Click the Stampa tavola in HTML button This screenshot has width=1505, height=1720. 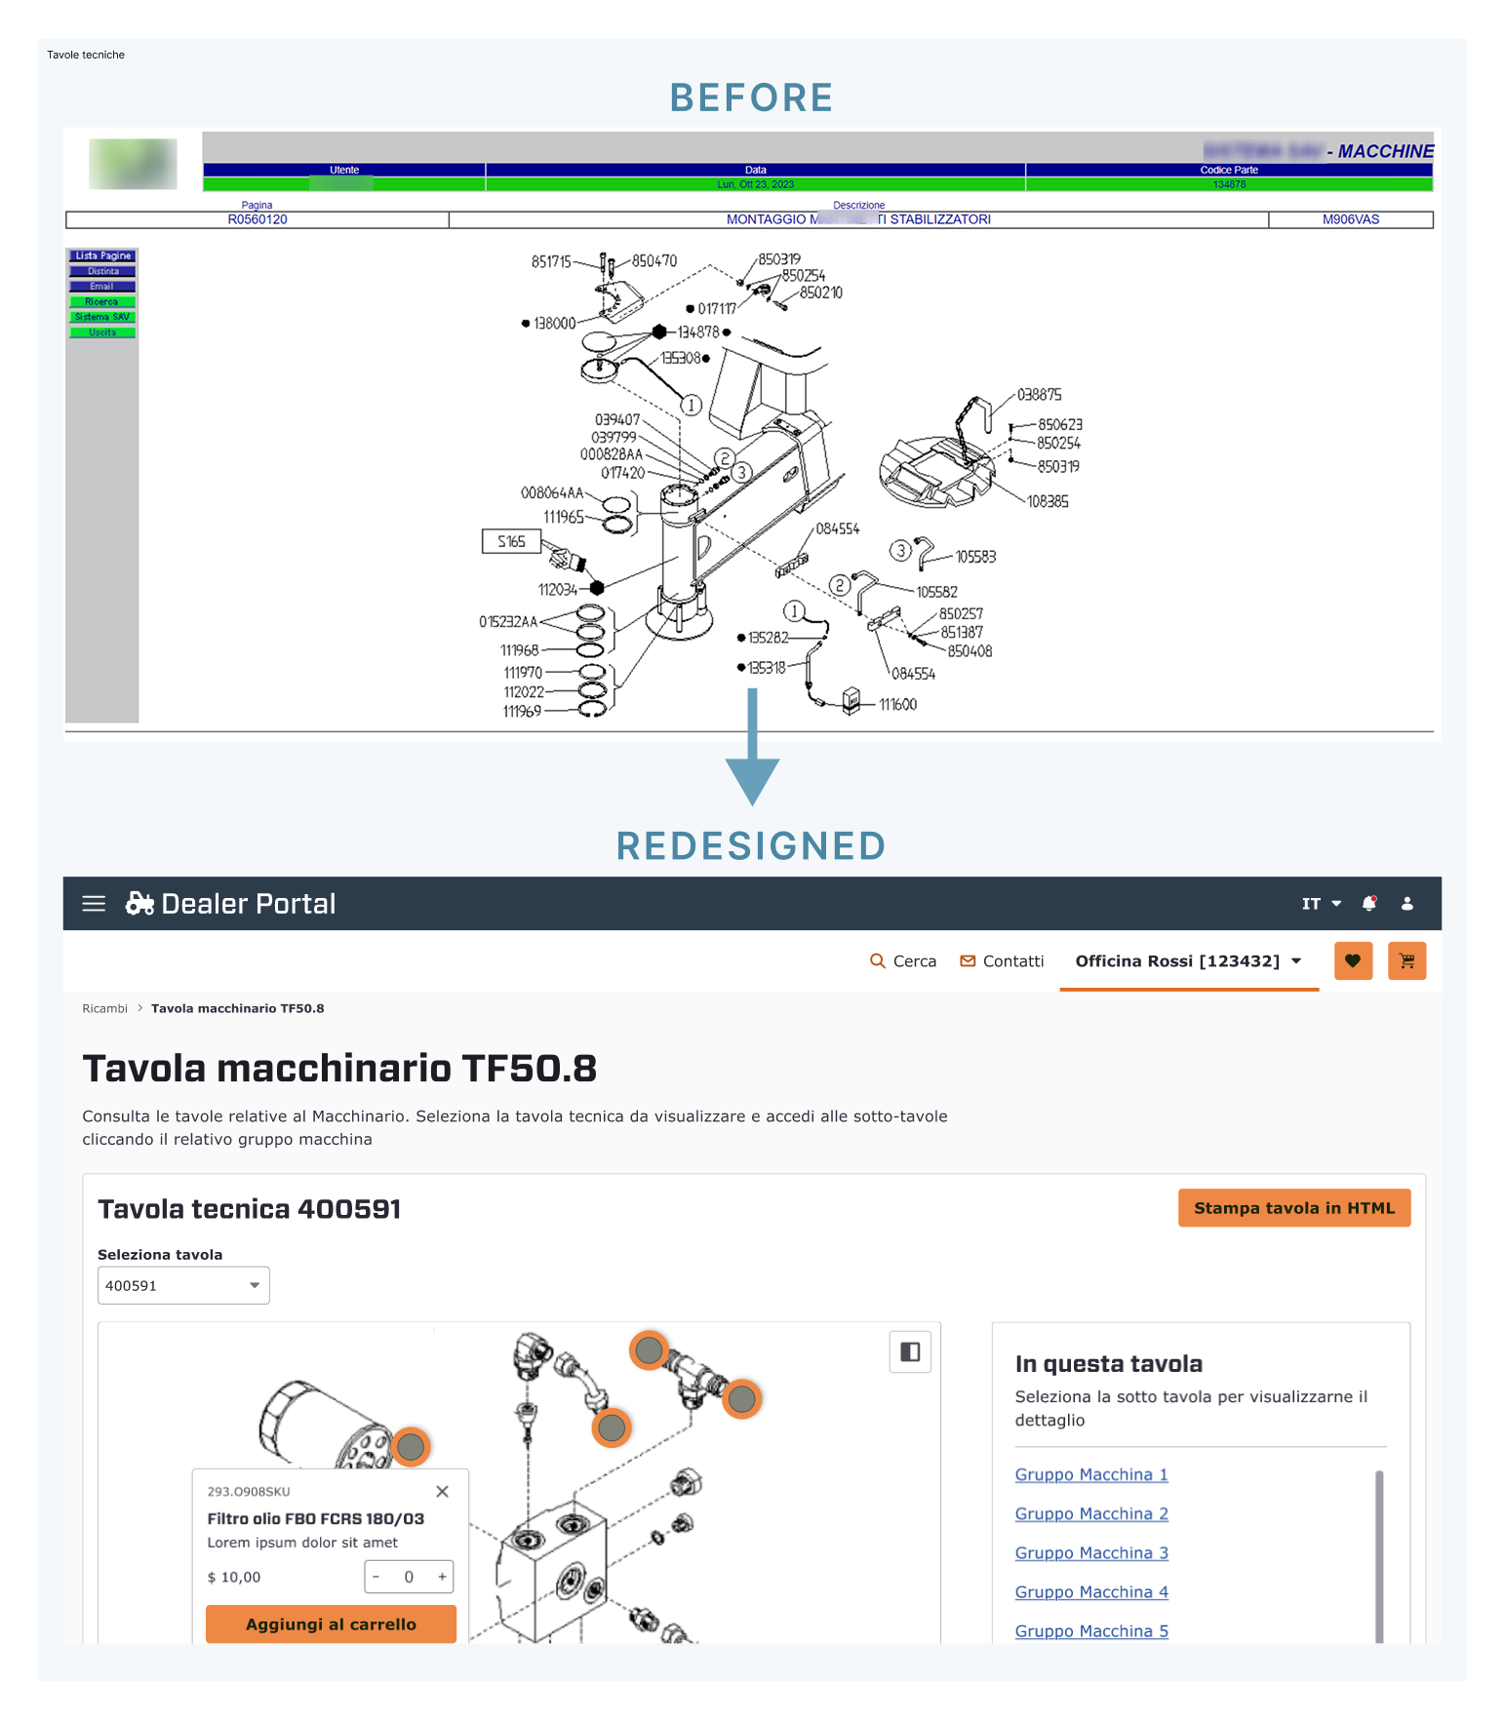1293,1208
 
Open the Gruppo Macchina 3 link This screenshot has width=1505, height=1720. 1090,1553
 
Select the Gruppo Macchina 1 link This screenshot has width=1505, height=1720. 1090,1475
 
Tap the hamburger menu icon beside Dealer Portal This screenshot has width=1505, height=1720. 94,904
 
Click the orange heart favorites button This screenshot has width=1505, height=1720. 1353,961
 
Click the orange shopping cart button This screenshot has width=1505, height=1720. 1406,961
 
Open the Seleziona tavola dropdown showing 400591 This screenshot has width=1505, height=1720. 183,1286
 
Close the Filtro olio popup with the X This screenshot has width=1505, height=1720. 442,1492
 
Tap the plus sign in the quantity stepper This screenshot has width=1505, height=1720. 442,1577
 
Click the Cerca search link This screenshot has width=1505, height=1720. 903,961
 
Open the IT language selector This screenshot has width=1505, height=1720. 1321,904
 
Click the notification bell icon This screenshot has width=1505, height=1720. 1369,904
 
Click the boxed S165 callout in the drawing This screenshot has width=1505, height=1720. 511,542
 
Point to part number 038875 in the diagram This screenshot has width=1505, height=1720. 1039,395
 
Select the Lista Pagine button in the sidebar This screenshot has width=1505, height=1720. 102,256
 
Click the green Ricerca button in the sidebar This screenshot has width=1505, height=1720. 102,302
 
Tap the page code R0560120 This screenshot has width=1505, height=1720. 257,220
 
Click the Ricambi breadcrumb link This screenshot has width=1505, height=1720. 104,1009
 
